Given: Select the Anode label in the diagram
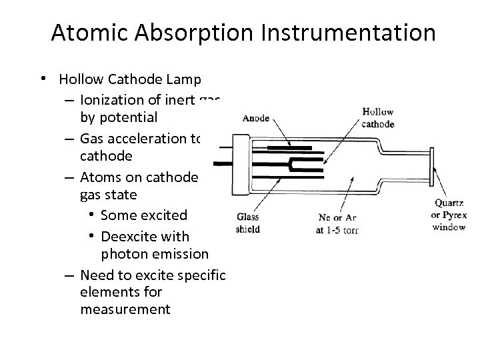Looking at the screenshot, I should tap(255, 119).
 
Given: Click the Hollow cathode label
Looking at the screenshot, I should tap(378, 118).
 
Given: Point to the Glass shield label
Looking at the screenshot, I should tap(248, 223).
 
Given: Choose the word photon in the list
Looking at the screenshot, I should tap(124, 254).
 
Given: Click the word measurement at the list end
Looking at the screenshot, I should tap(125, 309).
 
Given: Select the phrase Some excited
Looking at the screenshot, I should tap(143, 215).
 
